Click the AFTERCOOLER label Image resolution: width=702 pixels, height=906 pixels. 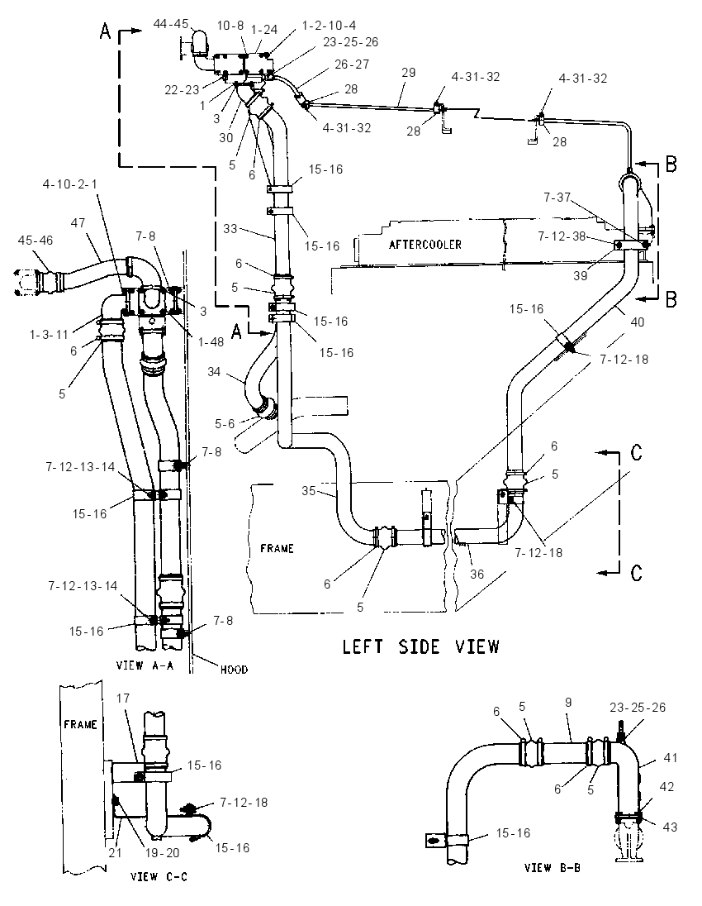[x=425, y=245]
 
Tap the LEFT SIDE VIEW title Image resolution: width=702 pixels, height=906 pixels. [x=421, y=646]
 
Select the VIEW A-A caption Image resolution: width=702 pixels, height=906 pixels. [x=145, y=665]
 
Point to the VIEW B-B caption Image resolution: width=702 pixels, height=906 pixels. [x=553, y=867]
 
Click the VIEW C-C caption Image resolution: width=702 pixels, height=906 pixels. [x=159, y=876]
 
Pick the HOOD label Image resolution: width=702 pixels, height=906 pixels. [x=234, y=670]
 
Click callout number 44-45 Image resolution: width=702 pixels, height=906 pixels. [x=171, y=24]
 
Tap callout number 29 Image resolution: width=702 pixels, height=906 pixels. [x=409, y=73]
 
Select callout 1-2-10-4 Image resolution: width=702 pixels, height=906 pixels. [x=329, y=26]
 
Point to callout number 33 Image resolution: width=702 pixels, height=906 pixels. [x=230, y=229]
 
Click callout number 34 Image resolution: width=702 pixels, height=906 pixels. [x=214, y=371]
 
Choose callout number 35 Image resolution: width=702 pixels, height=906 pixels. [x=309, y=490]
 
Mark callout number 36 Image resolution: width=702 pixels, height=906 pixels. [x=477, y=574]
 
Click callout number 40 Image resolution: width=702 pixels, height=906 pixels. [x=637, y=322]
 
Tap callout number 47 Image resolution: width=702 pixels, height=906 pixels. [x=78, y=222]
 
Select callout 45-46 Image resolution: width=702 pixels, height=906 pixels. [x=36, y=240]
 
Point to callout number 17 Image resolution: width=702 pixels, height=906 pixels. [x=122, y=698]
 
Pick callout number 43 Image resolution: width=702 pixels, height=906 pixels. [x=670, y=827]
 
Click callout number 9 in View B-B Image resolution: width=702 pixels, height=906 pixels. [x=568, y=703]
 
